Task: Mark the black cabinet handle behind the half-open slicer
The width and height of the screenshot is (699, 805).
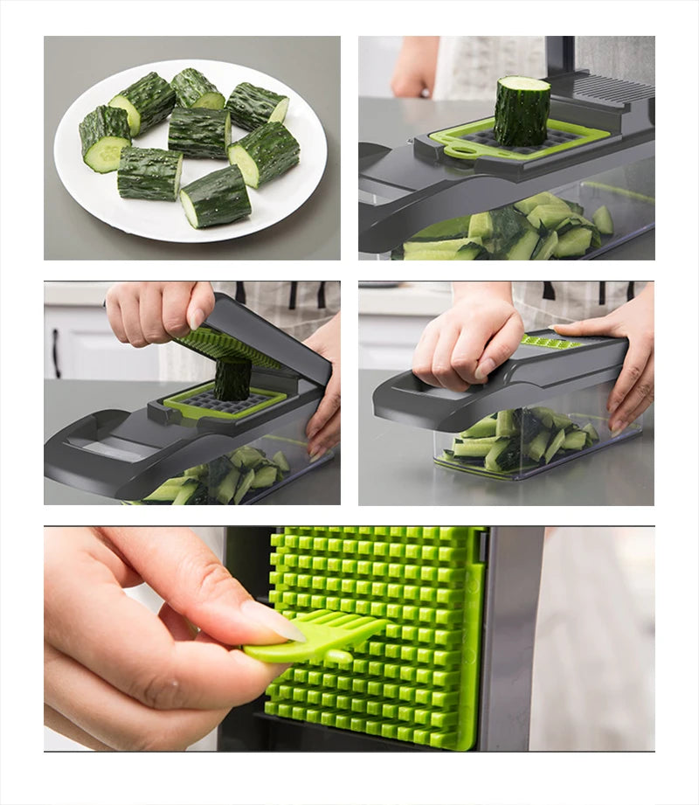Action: click(56, 353)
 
